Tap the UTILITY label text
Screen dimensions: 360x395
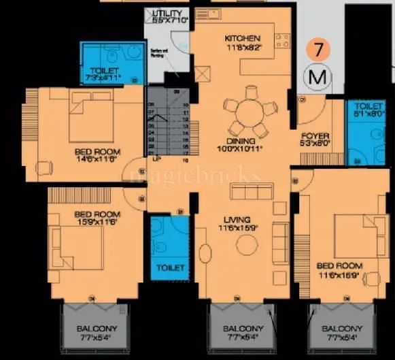[x=167, y=14]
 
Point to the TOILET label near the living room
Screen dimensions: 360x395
[x=170, y=268]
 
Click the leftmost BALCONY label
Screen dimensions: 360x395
[x=96, y=329]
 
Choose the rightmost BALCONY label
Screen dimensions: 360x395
[x=342, y=329]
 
